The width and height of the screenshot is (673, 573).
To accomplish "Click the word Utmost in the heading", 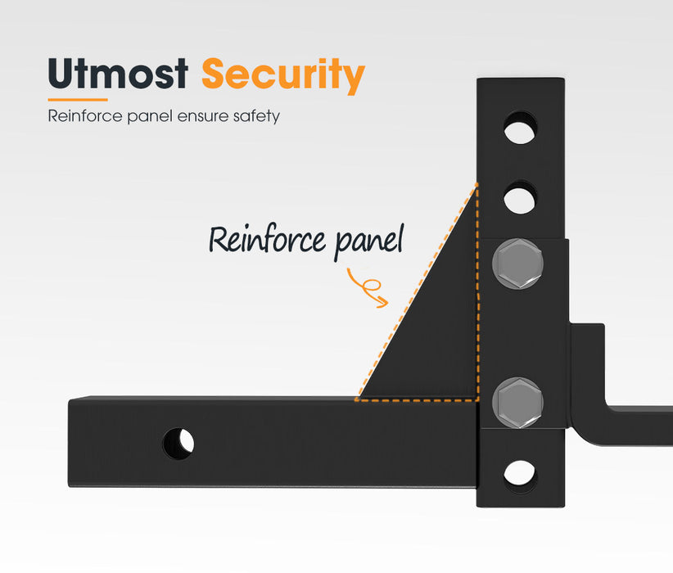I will click(118, 75).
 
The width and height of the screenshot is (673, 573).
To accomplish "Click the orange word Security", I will click(282, 76).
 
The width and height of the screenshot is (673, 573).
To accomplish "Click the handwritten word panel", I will click(370, 241).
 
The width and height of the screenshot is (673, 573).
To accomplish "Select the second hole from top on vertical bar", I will click(520, 197).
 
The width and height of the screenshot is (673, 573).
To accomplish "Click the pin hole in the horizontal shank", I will click(178, 443).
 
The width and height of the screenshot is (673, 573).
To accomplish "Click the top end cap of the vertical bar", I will click(520, 83).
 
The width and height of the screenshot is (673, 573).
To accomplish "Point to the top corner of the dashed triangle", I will click(476, 186).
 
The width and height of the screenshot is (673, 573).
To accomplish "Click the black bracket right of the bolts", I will click(586, 368).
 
